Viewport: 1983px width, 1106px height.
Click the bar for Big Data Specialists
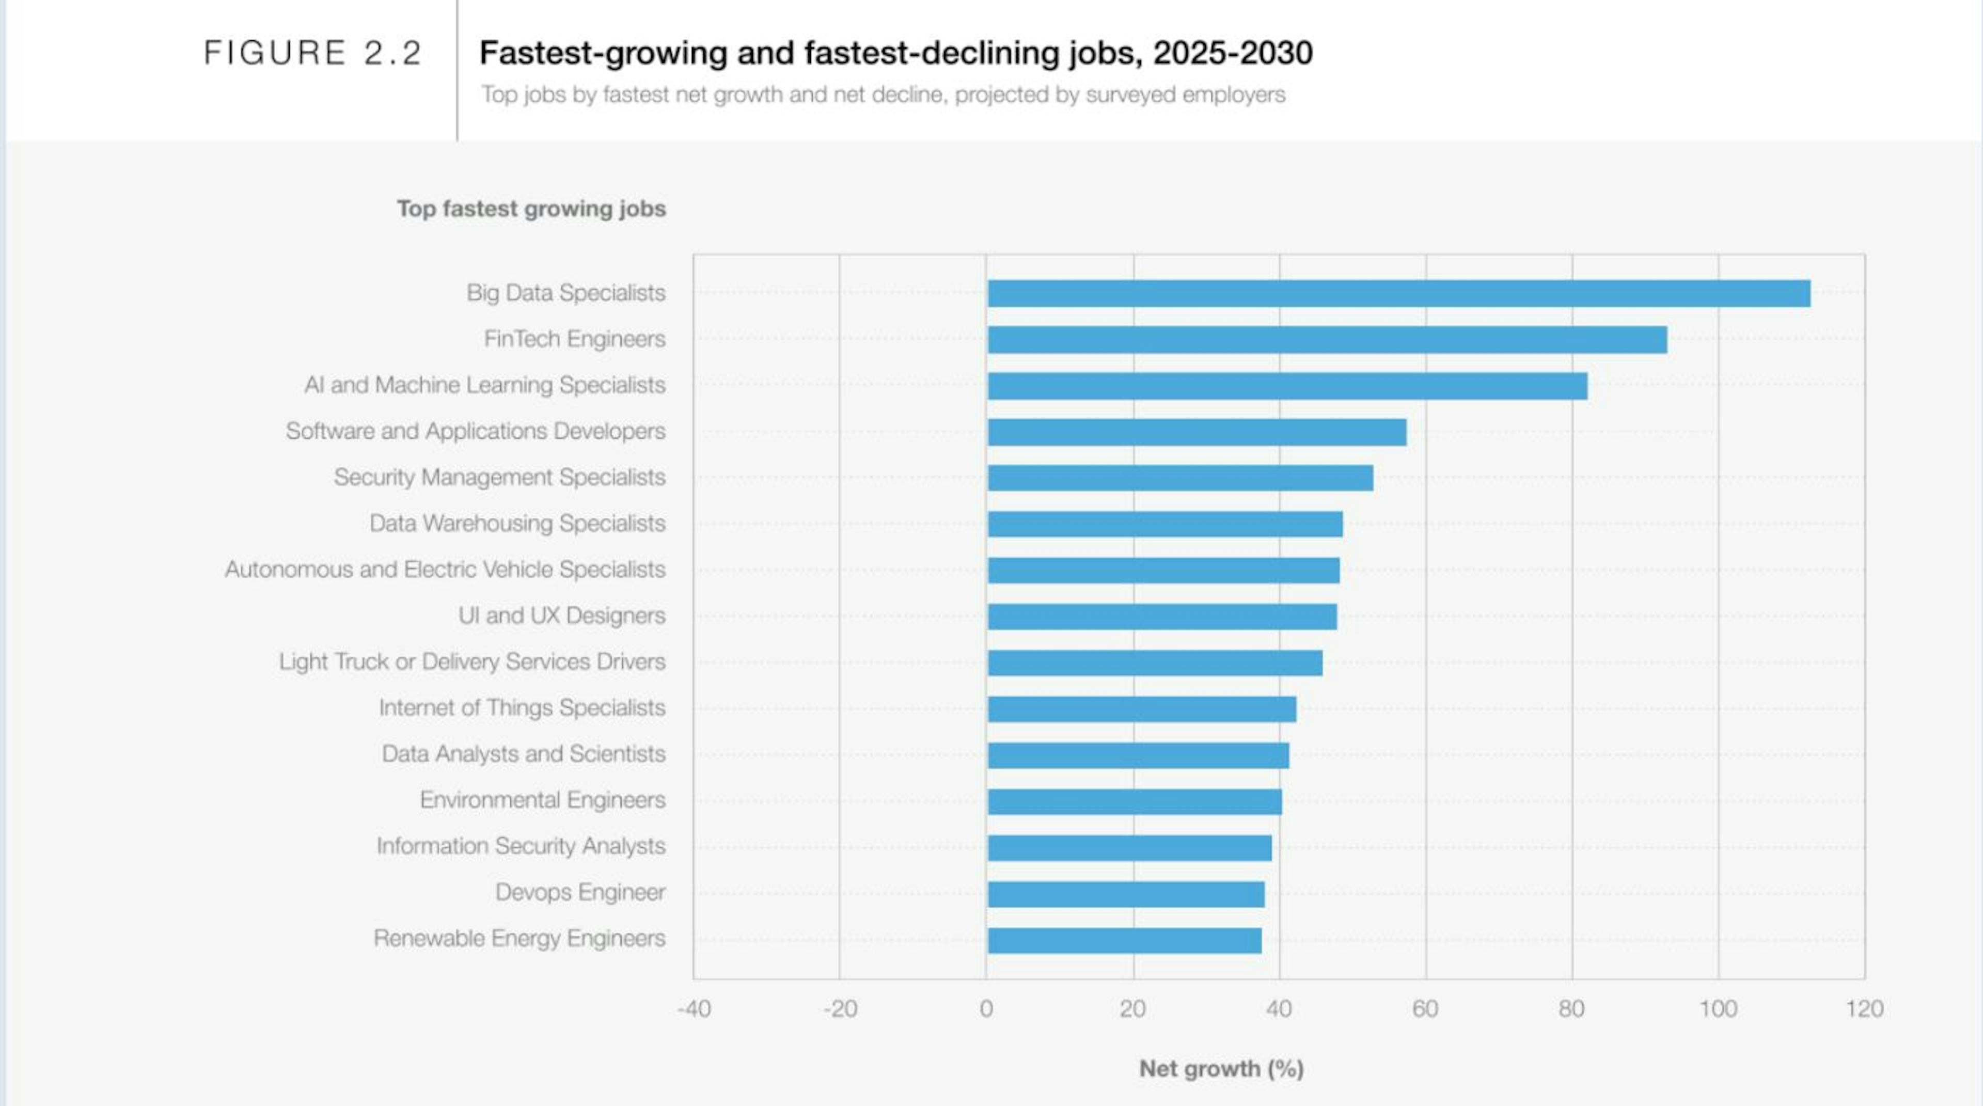(1399, 293)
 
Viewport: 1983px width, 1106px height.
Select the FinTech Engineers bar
(1327, 339)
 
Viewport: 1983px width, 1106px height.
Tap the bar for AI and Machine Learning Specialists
(1287, 386)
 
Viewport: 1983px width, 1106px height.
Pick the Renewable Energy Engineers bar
(1124, 940)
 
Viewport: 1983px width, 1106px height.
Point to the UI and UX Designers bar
(1161, 617)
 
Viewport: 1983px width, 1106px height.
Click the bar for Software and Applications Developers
(1197, 432)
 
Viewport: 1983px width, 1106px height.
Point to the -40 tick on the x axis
(694, 1008)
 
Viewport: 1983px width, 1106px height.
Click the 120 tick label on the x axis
(1864, 1008)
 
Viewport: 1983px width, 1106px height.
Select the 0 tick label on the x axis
(986, 1008)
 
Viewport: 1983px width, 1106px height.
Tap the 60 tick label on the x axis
(1425, 1008)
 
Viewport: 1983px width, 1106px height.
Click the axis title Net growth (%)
(1221, 1068)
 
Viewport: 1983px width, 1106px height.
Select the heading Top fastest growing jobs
(531, 209)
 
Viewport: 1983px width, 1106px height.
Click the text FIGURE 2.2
(312, 53)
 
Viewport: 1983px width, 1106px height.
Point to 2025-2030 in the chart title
(1233, 53)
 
